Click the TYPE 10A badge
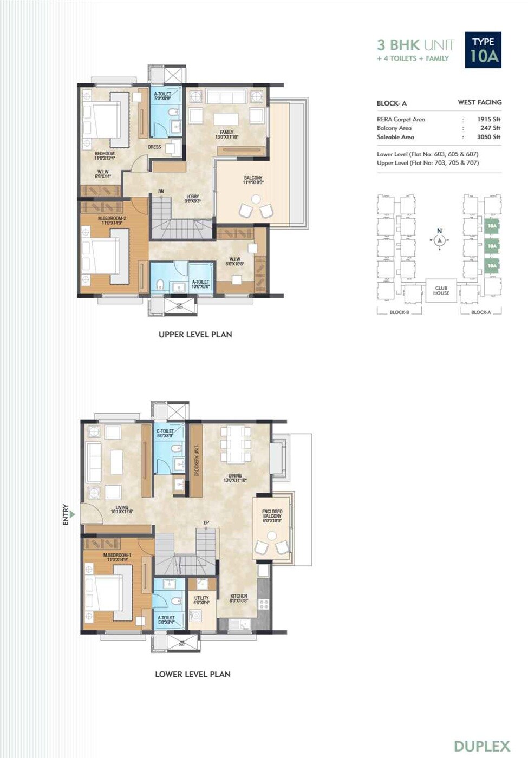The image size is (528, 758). coord(483,50)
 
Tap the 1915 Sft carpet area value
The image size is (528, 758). coord(488,119)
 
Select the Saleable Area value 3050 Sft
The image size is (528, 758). coord(488,137)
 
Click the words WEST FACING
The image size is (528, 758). coord(479,102)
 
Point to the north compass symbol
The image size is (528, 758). coord(439,239)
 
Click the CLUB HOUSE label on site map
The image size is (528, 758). coord(441,291)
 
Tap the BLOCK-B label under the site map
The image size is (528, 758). coord(399,312)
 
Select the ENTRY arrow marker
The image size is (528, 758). coord(72,514)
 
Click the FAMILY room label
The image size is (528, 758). coord(227,134)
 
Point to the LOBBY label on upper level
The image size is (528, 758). coord(192,199)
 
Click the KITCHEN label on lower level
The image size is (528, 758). coord(238,598)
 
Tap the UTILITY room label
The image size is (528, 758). coord(201,600)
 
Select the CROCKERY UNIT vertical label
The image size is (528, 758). coord(197,461)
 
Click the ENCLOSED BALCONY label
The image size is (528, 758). coord(272,516)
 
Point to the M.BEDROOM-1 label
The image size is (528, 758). coord(117,557)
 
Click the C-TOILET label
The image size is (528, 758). coord(165,433)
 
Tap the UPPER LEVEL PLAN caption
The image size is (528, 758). coord(195,335)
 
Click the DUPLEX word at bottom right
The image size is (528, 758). coord(481,746)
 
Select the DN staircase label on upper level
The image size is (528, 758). coord(161,192)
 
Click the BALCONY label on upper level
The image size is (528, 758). coord(253,180)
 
